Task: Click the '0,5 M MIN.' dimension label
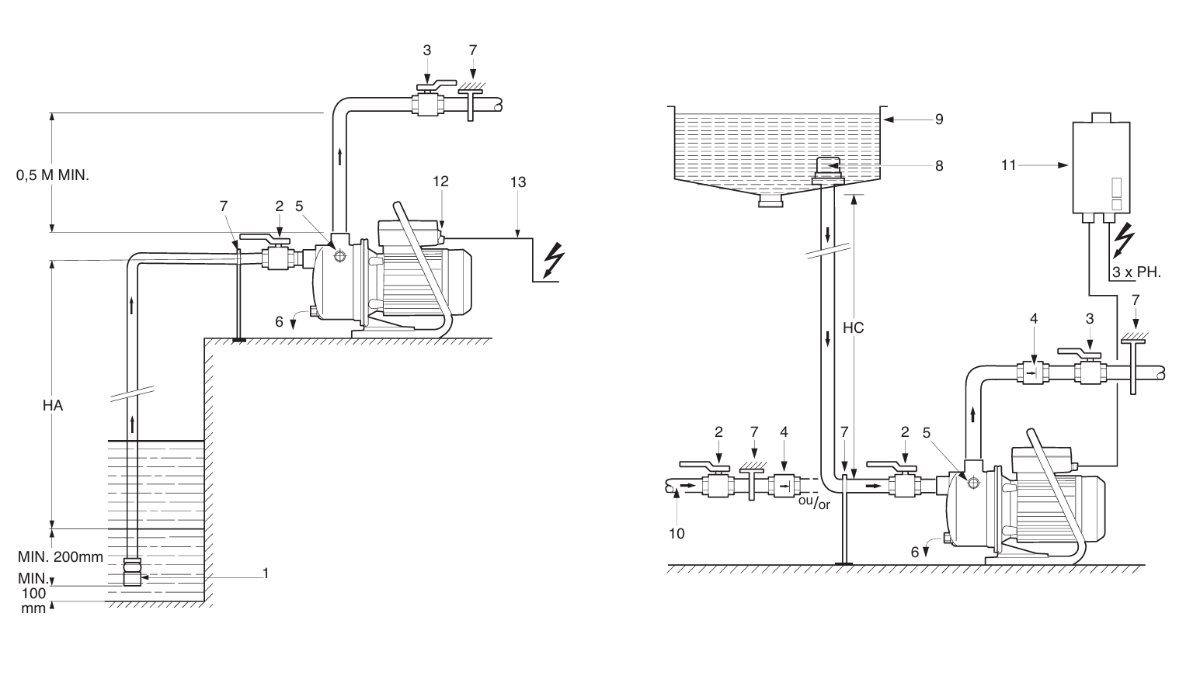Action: click(53, 175)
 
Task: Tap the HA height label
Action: click(53, 406)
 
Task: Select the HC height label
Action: click(854, 327)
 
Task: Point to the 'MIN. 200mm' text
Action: click(61, 556)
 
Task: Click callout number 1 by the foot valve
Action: click(266, 573)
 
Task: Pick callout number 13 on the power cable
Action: click(518, 182)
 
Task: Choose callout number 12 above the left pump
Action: click(440, 182)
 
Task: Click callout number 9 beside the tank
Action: click(939, 120)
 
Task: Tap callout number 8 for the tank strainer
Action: click(939, 166)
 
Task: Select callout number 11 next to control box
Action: click(1009, 165)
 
